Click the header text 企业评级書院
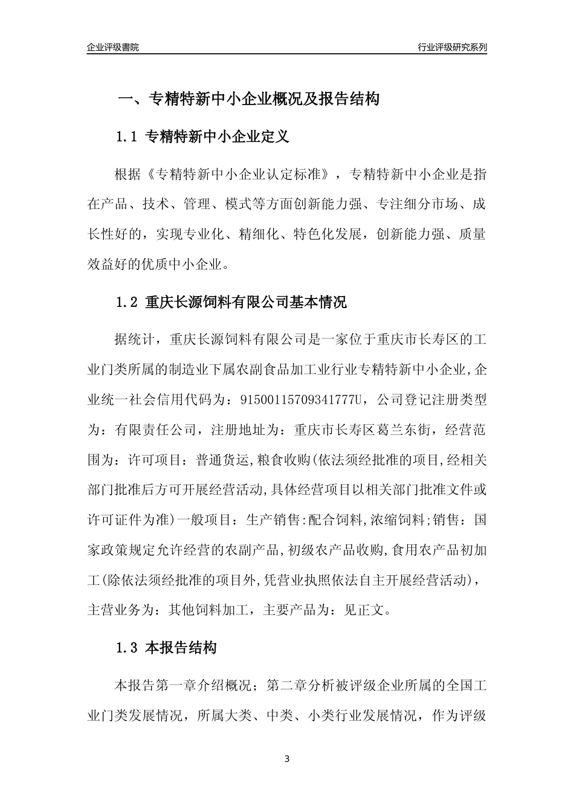[x=113, y=47]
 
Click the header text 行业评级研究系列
[x=452, y=47]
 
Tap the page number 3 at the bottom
[x=287, y=759]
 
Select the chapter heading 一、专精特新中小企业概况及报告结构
[x=248, y=98]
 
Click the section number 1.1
[x=127, y=137]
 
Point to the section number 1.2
[x=127, y=302]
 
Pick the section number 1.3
[x=127, y=648]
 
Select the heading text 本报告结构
[x=181, y=648]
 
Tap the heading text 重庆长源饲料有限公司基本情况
[x=247, y=302]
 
